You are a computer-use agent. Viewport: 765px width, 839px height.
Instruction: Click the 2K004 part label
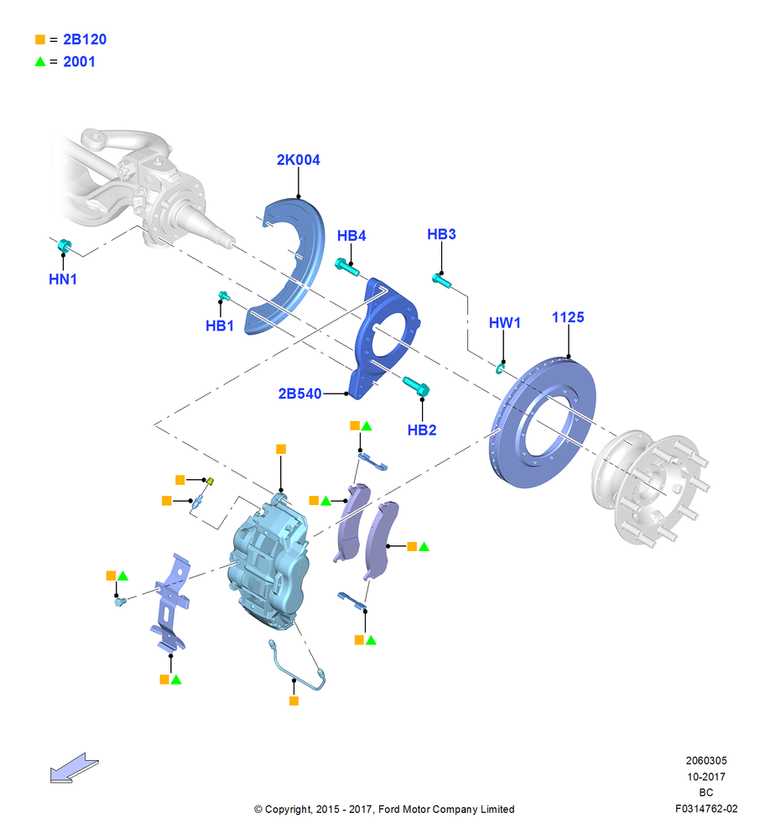click(x=298, y=160)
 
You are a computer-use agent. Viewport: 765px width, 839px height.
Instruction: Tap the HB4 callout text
click(x=351, y=236)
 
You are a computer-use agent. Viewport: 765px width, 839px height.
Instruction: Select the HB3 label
click(x=441, y=234)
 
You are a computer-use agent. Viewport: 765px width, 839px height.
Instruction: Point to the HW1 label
click(x=504, y=323)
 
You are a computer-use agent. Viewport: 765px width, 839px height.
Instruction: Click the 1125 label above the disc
click(x=568, y=317)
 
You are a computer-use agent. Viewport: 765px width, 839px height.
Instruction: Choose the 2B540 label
click(x=299, y=393)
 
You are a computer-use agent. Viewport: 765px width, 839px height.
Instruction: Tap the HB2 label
click(x=422, y=430)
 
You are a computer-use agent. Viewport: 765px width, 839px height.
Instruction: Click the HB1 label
click(x=219, y=326)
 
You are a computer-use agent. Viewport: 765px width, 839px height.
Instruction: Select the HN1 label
click(x=63, y=279)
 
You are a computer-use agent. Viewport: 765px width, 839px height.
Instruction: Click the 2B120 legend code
click(x=85, y=39)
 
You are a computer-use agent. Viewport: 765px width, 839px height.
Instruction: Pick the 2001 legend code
click(x=79, y=62)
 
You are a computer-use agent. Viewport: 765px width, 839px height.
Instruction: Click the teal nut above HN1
click(x=65, y=246)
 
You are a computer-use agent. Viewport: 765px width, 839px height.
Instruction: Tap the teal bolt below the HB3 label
click(x=442, y=280)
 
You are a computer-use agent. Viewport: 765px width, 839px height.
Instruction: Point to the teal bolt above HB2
click(x=416, y=386)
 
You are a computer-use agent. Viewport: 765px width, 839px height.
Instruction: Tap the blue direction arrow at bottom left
click(x=74, y=769)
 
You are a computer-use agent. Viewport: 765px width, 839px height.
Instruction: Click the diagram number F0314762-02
click(x=706, y=809)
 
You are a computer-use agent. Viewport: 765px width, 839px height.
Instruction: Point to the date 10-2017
click(x=706, y=777)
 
